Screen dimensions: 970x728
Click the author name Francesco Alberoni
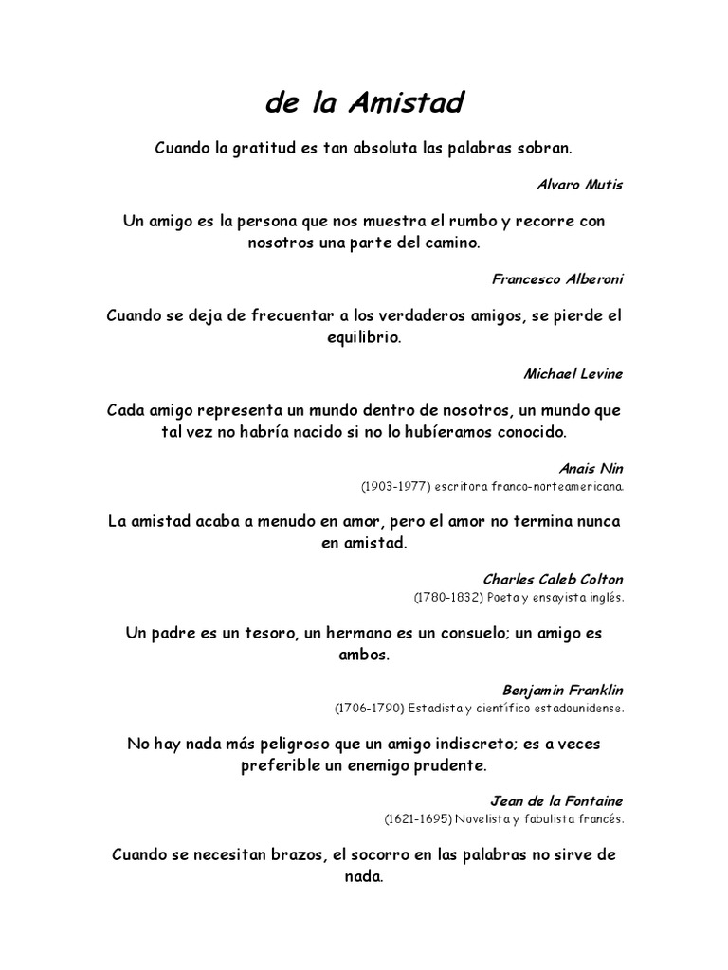point(558,279)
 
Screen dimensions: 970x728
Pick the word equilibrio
point(363,337)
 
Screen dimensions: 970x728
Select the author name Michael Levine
point(573,373)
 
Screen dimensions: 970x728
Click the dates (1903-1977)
point(391,486)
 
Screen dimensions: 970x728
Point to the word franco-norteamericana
point(560,486)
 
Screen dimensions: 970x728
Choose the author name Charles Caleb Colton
point(554,579)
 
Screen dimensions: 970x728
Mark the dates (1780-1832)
point(445,598)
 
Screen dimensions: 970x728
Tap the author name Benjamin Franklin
point(563,690)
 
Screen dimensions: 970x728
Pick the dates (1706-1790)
point(365,708)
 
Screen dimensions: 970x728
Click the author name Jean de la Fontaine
point(556,800)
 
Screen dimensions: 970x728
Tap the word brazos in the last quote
point(292,854)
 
